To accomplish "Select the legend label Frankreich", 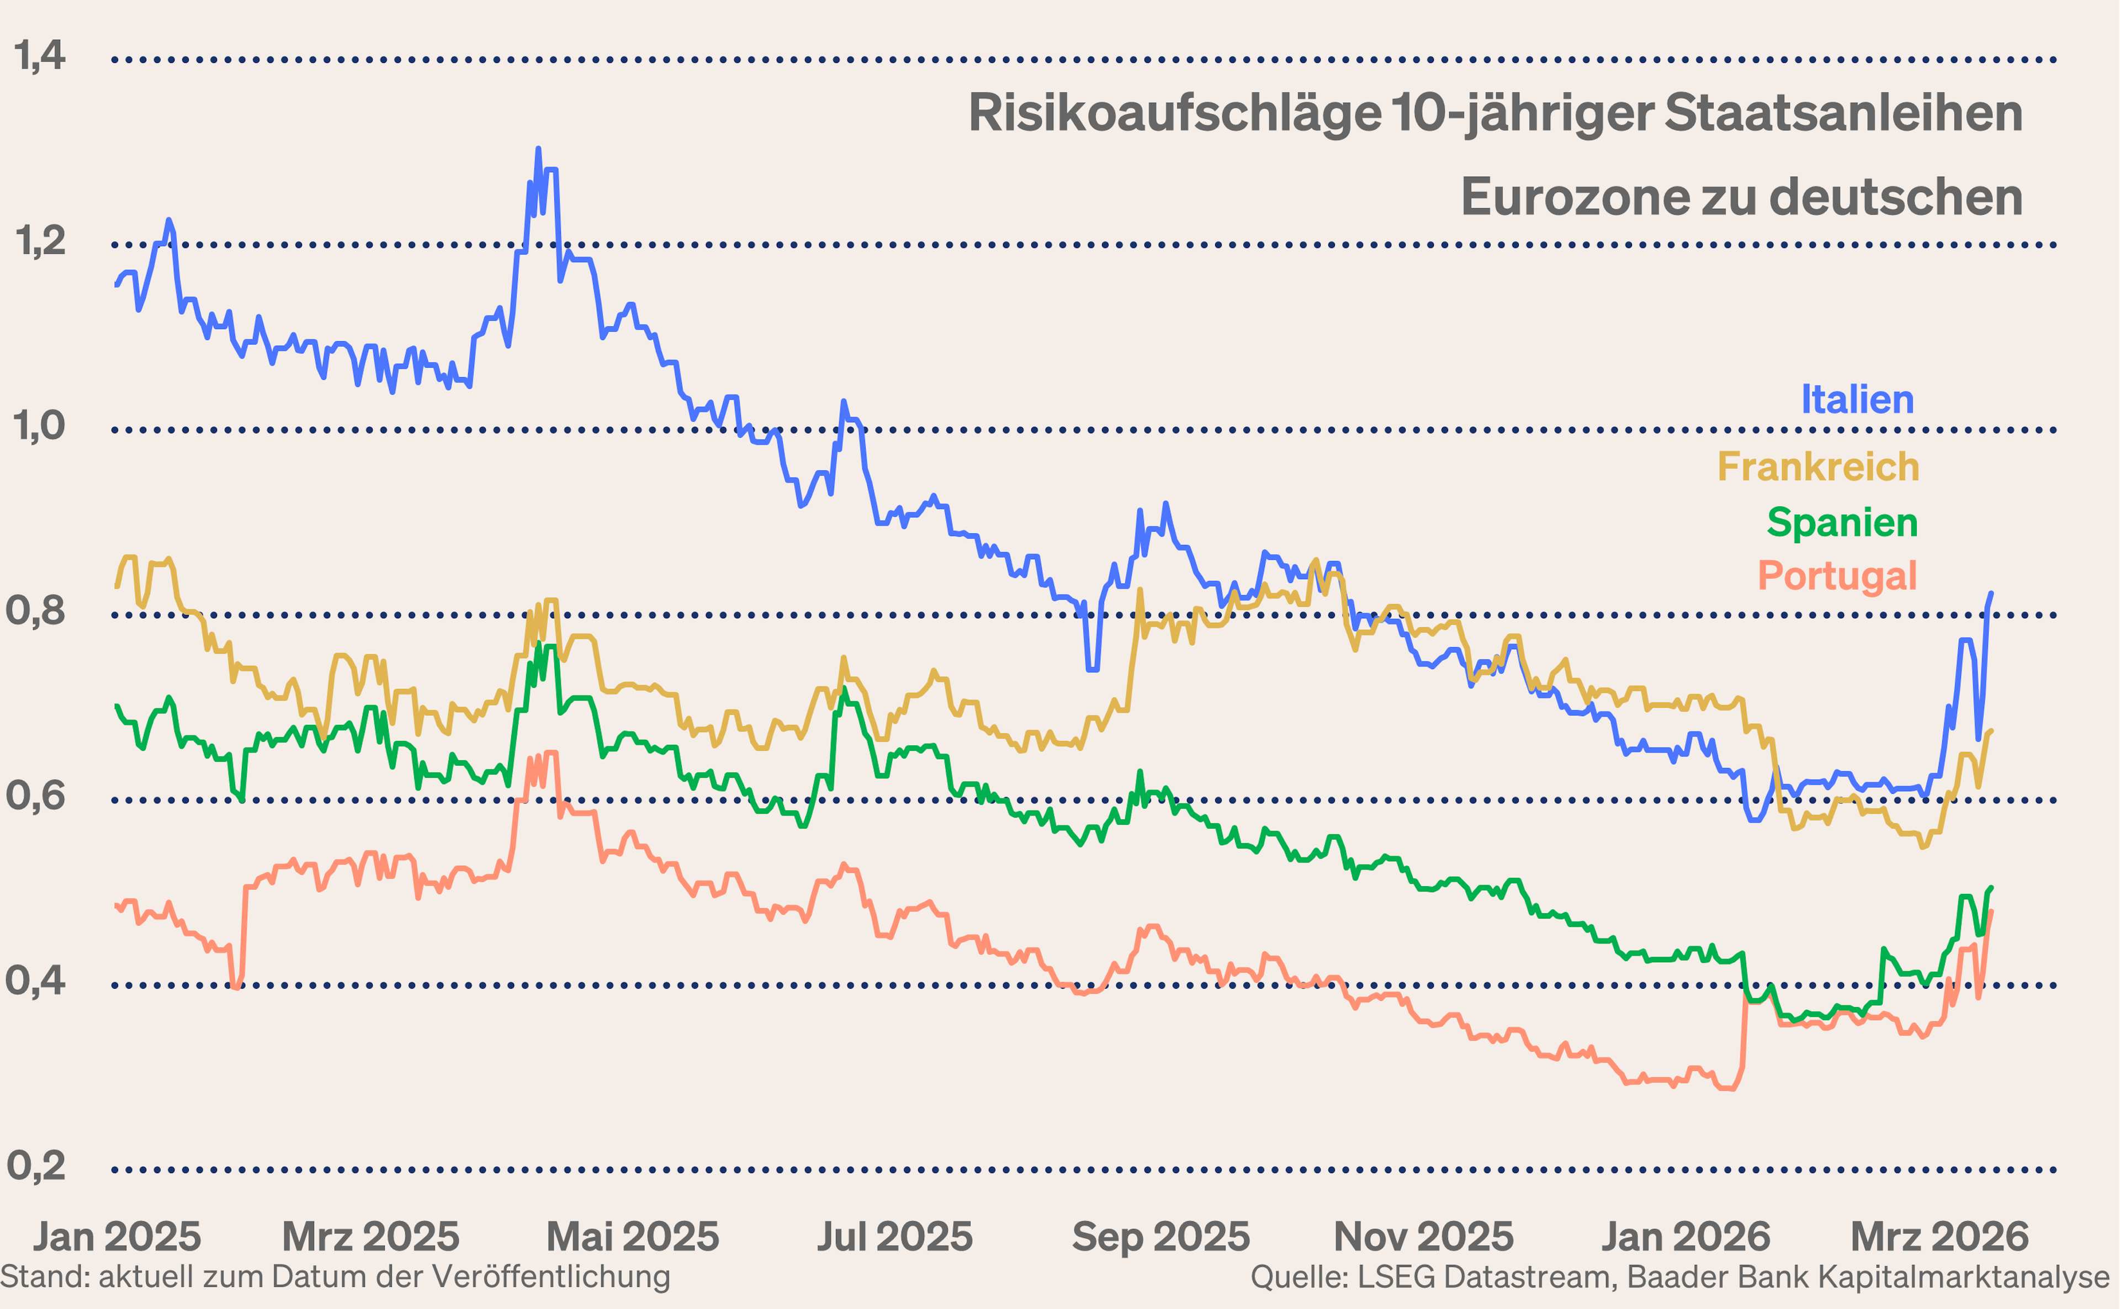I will pos(1818,468).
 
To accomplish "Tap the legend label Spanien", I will pos(1842,523).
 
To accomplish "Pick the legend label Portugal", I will pos(1837,576).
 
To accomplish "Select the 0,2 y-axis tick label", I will pos(36,1166).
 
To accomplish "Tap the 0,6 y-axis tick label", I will pos(36,796).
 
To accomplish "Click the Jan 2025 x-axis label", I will pos(117,1236).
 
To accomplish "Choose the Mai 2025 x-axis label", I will pos(633,1236).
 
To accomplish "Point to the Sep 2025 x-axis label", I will pos(1161,1236).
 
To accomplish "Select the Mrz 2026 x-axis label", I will pos(1939,1236).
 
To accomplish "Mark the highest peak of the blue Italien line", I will pos(538,149).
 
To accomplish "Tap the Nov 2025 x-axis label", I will pos(1423,1236).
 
